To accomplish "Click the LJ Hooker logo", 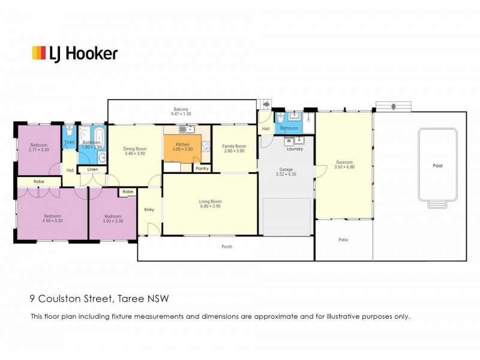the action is point(75,54).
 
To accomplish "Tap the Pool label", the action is point(438,166).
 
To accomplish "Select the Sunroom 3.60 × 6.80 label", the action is point(344,164).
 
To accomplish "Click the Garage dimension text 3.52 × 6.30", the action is point(286,174).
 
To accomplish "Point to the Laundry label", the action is point(295,149).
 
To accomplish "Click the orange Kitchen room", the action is point(182,148).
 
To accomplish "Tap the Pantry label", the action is point(202,169).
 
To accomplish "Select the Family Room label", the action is point(234,146).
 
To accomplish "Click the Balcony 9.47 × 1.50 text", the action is point(181,112).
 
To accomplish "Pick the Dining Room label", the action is point(135,149).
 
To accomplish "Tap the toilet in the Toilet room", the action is point(69,131).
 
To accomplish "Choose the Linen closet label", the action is point(93,169).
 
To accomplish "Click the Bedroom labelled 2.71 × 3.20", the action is point(39,147).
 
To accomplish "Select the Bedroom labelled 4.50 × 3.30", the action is point(52,218).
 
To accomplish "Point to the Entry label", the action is point(149,209).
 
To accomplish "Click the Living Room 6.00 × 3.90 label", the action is point(211,204).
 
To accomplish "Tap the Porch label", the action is point(227,247).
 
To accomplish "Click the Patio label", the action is point(343,239).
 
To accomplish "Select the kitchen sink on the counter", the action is point(187,129).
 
